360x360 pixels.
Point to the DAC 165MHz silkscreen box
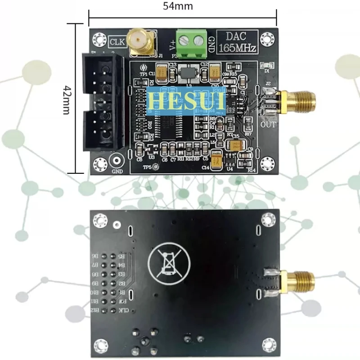pos(237,42)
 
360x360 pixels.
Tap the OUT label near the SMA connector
pos(268,124)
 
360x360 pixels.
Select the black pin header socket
pos(103,101)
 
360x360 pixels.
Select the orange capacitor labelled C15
pos(235,145)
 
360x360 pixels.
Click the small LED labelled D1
pos(266,66)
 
